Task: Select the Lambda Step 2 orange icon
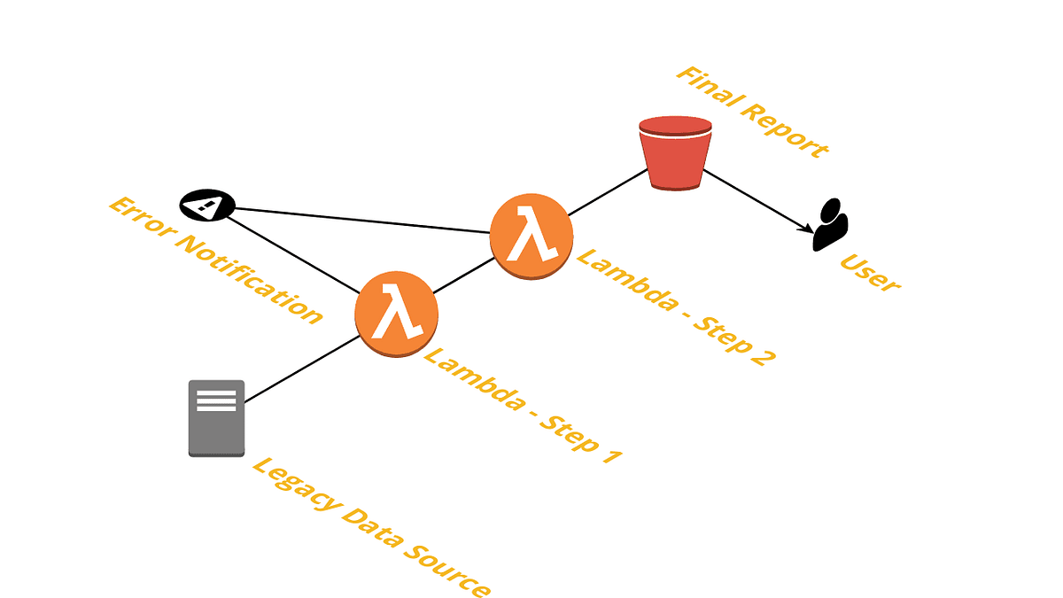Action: click(531, 236)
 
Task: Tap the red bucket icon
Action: click(675, 153)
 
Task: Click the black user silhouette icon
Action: click(830, 225)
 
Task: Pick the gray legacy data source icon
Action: click(216, 418)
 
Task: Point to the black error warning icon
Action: click(206, 206)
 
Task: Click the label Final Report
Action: click(752, 112)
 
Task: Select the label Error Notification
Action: click(214, 260)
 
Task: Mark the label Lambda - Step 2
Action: click(676, 306)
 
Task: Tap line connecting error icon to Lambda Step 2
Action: click(363, 220)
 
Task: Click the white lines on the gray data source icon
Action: click(216, 400)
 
